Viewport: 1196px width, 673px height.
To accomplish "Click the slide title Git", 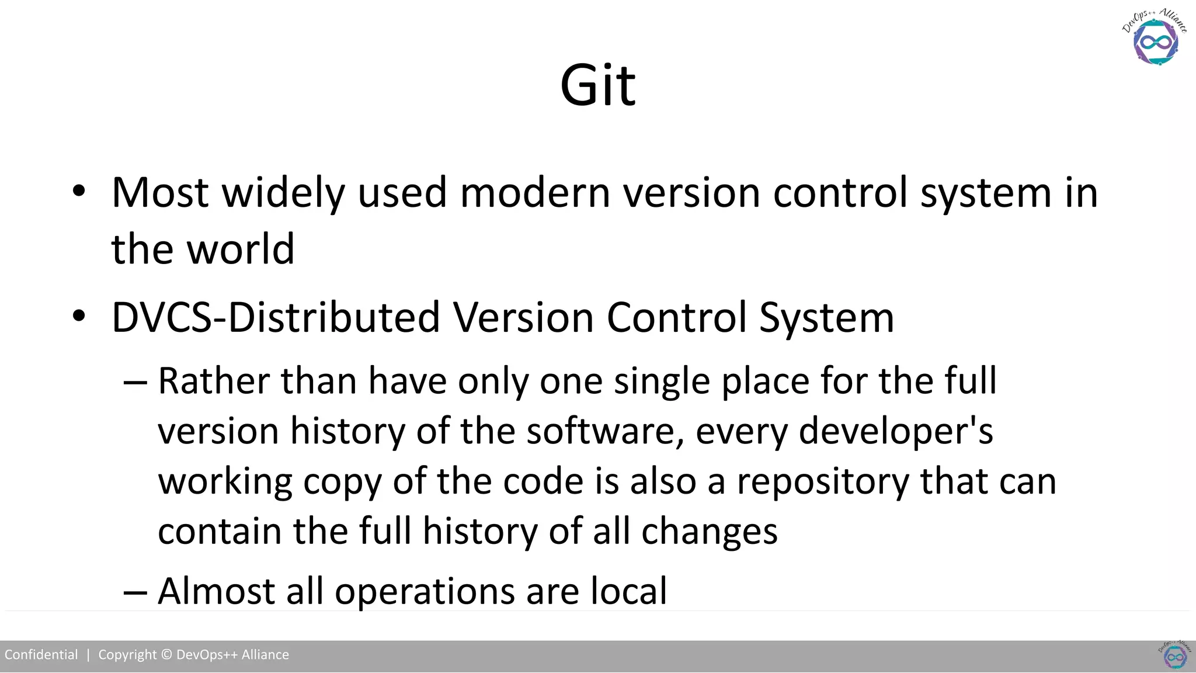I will click(597, 86).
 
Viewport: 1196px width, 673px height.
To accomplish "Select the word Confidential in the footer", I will click(41, 655).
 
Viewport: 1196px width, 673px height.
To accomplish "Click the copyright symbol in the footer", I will click(166, 655).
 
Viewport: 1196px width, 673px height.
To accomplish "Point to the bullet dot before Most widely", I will click(79, 191).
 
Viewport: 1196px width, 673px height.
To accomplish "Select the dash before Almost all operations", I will click(135, 592).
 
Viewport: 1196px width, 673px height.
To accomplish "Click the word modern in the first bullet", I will click(535, 192).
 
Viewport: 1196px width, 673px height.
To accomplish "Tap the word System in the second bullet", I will click(826, 319).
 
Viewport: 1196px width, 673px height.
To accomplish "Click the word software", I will click(605, 431).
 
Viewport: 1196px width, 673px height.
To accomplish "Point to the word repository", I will click(823, 483).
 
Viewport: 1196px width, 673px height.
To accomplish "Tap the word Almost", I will click(216, 591).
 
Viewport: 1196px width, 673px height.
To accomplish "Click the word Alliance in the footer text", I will click(265, 655).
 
